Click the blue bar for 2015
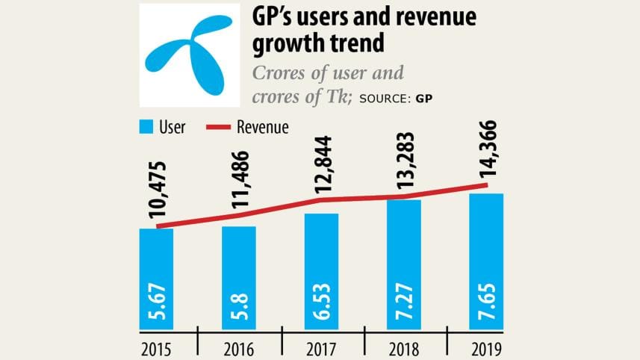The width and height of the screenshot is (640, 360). click(x=156, y=278)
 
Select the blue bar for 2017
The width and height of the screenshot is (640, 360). click(x=321, y=270)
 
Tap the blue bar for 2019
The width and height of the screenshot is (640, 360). click(x=486, y=261)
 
